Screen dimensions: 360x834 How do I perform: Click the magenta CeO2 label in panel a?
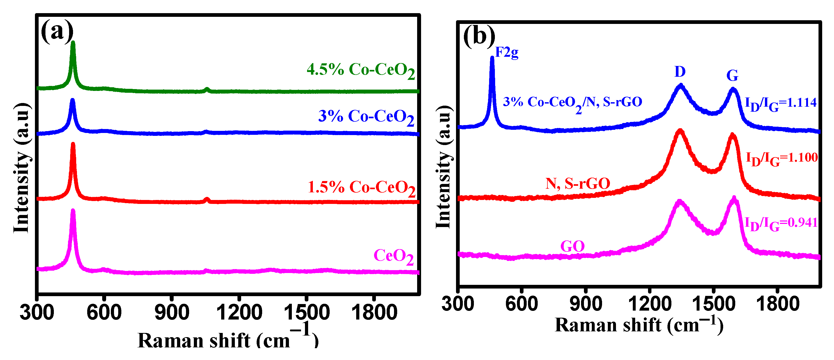393,257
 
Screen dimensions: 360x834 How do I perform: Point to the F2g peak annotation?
507,53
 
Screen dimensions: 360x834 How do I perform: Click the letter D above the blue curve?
680,71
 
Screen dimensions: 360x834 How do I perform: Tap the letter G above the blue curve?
732,76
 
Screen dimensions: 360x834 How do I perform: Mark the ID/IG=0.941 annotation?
781,224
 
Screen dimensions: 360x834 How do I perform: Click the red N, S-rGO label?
578,184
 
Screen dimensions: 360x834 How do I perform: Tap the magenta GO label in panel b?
572,247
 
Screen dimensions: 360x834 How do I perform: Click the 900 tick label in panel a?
172,313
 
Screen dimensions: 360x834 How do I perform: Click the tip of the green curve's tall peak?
73,42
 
